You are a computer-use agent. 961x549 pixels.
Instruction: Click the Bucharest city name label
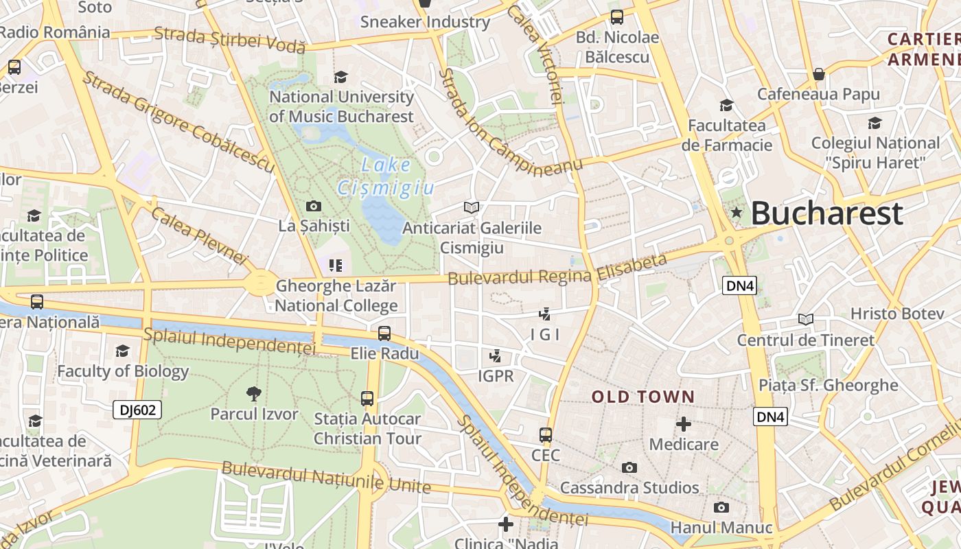tap(826, 213)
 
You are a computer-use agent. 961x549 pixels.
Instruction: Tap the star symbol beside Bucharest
tap(737, 213)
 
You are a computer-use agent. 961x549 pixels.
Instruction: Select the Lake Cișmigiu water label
tap(386, 176)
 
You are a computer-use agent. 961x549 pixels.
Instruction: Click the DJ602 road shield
tap(137, 410)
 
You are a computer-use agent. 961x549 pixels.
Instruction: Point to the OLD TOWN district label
tap(643, 397)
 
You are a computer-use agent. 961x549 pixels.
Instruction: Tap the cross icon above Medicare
tap(684, 424)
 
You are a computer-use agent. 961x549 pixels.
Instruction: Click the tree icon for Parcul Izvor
tap(254, 393)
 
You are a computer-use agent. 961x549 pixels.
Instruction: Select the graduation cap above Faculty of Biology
tap(122, 351)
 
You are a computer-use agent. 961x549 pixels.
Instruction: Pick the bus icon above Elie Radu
tap(384, 334)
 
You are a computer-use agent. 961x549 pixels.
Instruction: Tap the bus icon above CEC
tap(546, 435)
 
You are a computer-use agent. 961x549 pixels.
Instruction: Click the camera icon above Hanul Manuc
tap(721, 508)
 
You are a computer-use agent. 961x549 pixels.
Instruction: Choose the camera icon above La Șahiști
tap(314, 206)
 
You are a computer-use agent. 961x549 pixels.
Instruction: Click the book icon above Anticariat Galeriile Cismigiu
tap(471, 207)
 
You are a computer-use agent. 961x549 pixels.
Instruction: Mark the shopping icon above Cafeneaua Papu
tap(818, 73)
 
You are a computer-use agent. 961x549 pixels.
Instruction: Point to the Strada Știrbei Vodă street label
tap(229, 39)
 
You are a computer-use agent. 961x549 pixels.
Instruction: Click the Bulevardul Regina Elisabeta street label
tap(557, 270)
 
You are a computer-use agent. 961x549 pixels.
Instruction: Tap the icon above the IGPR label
tap(495, 355)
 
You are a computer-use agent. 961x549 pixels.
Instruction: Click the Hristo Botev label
tap(897, 314)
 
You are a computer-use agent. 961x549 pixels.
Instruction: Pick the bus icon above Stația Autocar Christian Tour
tap(367, 398)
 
